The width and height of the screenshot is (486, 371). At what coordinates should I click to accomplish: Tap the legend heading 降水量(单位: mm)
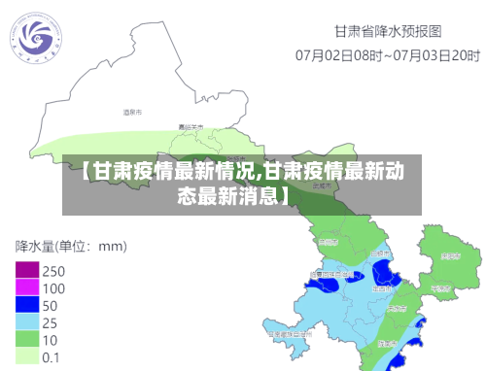click(x=71, y=245)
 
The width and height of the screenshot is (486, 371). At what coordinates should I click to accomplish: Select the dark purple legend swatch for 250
click(x=27, y=270)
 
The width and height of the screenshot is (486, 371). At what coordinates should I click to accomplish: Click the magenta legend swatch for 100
click(x=27, y=287)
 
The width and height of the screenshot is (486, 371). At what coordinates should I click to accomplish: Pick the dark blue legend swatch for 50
click(x=27, y=305)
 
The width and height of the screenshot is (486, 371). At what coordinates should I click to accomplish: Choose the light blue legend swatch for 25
click(x=27, y=321)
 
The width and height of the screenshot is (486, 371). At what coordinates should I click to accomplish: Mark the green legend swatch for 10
click(x=27, y=339)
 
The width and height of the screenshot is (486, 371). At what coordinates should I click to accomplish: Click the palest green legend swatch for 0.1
click(x=27, y=356)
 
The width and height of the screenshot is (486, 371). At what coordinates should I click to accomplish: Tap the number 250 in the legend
click(x=54, y=270)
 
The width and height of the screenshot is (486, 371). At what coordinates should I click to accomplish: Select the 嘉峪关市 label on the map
click(x=191, y=127)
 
